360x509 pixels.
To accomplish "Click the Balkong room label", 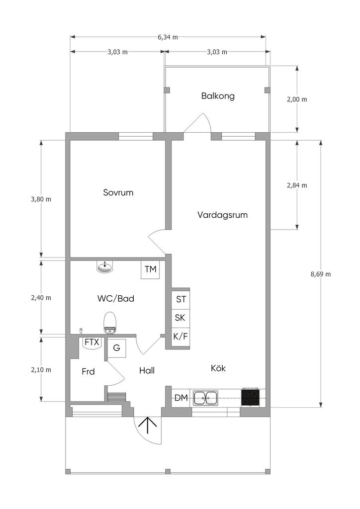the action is click(x=218, y=96).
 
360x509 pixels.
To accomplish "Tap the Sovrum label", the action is click(x=118, y=192).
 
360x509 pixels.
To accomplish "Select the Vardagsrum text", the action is click(x=222, y=215).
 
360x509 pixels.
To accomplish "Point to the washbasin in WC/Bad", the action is click(x=105, y=268).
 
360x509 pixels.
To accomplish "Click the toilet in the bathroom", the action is click(x=110, y=322).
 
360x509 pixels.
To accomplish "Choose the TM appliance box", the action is click(x=151, y=269).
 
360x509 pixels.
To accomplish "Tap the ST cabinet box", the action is click(x=180, y=299).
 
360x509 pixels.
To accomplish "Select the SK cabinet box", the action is click(x=180, y=318).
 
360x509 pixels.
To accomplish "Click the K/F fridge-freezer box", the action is click(x=180, y=337).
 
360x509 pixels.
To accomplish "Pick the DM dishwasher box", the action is click(x=181, y=398).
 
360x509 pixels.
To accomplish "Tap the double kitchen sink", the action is click(x=205, y=398).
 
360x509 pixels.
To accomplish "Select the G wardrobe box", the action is click(x=117, y=348).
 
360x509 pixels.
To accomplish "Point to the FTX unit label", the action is click(x=92, y=342).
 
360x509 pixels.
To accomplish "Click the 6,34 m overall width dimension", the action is click(x=168, y=37).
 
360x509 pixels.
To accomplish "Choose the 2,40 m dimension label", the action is click(x=41, y=298).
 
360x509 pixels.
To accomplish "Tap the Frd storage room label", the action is click(x=88, y=371).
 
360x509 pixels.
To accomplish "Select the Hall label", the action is click(x=147, y=370).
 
